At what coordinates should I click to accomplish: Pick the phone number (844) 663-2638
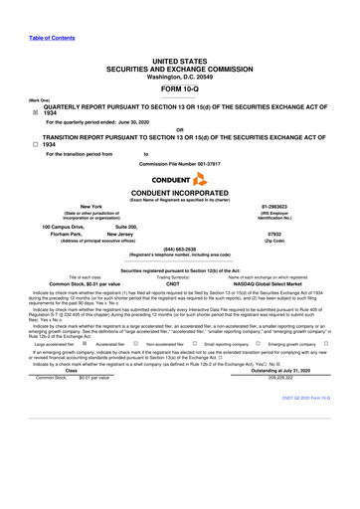pos(179,249)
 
